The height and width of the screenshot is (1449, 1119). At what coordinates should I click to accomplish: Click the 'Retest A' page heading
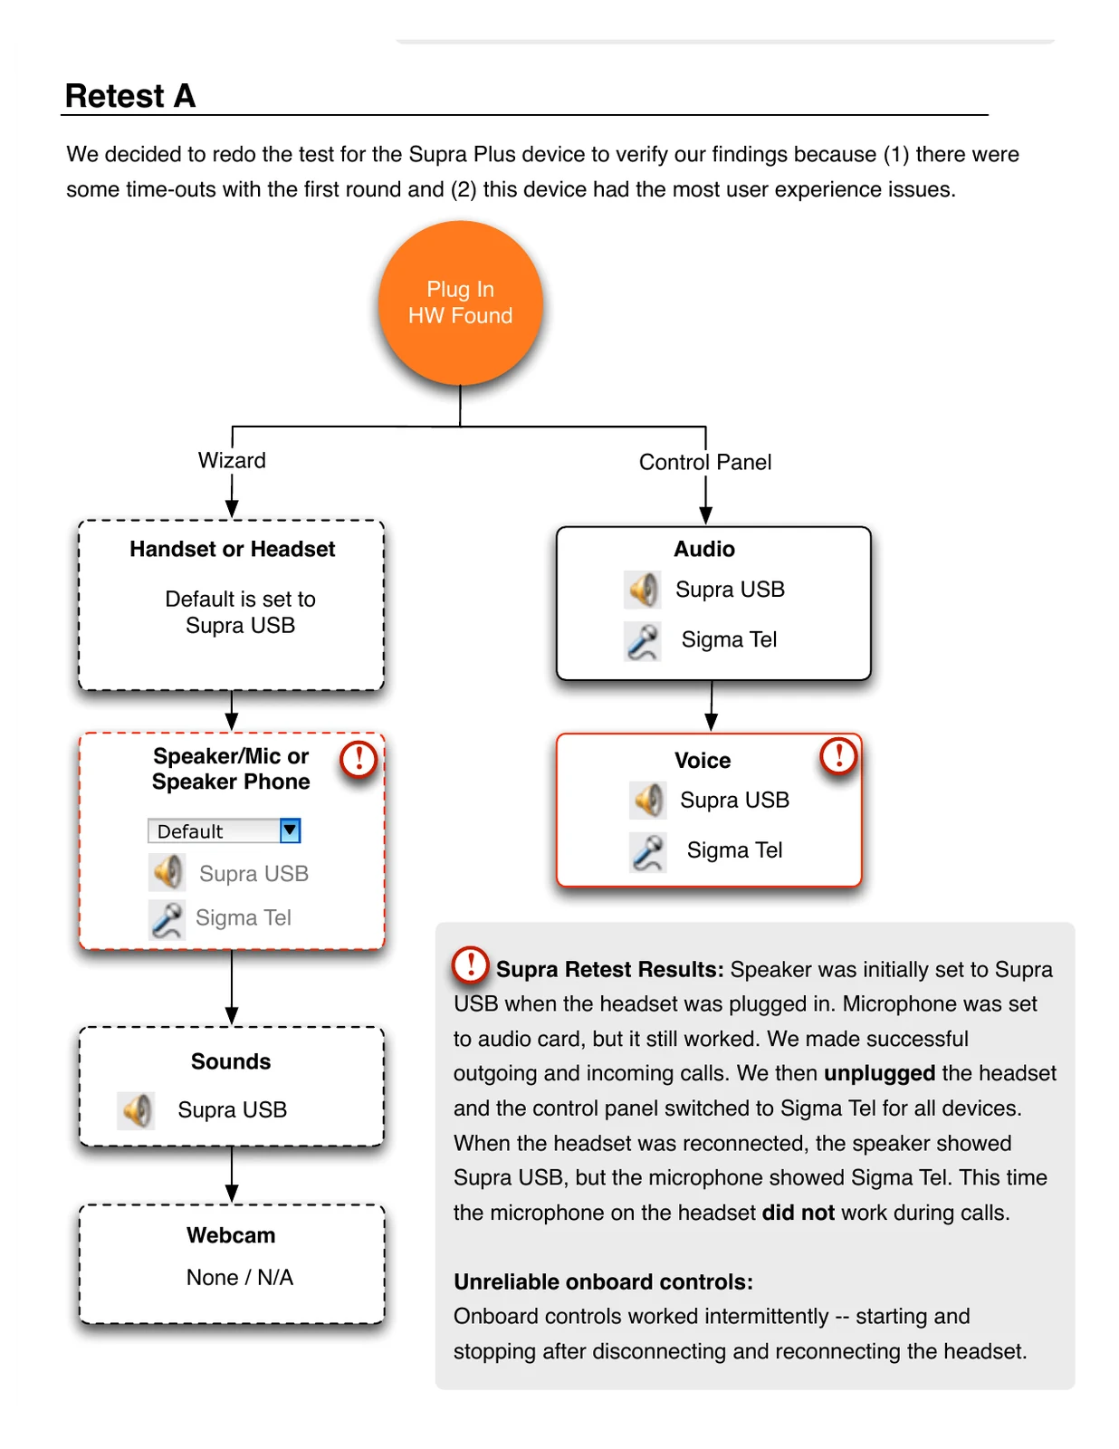tap(130, 95)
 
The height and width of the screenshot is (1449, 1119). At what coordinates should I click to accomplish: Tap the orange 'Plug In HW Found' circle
tap(460, 302)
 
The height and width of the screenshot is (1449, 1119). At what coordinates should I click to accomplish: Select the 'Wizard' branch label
tap(231, 460)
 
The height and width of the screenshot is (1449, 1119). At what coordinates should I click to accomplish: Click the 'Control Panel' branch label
tap(704, 462)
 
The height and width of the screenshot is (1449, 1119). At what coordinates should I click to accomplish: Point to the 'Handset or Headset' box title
tap(232, 549)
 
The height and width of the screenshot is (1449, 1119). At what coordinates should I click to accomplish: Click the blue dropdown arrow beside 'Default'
tap(289, 830)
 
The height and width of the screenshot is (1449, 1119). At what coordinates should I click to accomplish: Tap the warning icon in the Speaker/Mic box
tap(359, 759)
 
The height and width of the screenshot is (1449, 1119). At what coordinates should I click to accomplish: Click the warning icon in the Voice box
tap(837, 755)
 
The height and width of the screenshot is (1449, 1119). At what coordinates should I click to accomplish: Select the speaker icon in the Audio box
tap(642, 590)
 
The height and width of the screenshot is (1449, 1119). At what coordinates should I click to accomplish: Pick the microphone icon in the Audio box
tap(642, 641)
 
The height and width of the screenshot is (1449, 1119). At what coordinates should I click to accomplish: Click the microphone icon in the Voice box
tap(647, 852)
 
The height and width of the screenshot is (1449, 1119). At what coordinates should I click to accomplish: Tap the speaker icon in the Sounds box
tap(136, 1109)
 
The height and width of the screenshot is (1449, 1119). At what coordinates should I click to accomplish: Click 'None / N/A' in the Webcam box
tap(239, 1276)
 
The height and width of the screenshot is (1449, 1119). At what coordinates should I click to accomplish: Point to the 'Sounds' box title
tap(231, 1060)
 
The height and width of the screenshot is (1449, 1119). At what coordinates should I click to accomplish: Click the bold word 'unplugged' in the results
tap(879, 1073)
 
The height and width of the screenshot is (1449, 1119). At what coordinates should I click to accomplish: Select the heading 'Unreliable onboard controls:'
tap(603, 1281)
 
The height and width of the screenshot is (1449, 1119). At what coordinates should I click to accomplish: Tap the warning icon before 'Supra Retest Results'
tap(471, 964)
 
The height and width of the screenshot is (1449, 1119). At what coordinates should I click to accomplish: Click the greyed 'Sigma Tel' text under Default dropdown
tap(244, 917)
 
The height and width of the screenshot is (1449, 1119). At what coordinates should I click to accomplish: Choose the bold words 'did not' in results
tap(798, 1212)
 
